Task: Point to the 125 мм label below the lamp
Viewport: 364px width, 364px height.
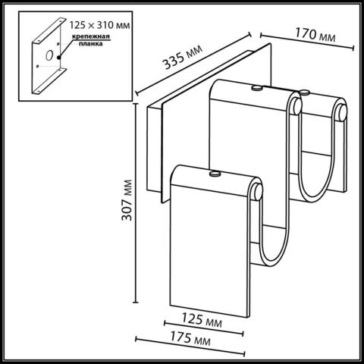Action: coord(204,322)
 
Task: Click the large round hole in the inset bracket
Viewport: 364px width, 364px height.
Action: coord(48,55)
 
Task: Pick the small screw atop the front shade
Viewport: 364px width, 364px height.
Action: coord(214,174)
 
